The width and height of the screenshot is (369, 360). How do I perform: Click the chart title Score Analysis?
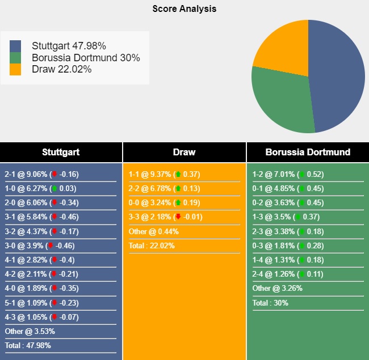click(184, 9)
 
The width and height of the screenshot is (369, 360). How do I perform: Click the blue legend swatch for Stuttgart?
click(15, 46)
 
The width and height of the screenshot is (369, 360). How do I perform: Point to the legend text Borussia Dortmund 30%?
click(86, 58)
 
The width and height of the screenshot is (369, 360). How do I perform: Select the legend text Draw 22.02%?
click(62, 69)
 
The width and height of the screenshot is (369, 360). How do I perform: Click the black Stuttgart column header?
click(61, 152)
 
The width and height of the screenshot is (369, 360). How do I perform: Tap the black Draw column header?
click(184, 152)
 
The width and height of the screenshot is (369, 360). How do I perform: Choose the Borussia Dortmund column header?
click(308, 152)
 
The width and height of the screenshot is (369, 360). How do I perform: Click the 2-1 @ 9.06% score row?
click(41, 175)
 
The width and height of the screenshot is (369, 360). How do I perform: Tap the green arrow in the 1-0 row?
click(54, 189)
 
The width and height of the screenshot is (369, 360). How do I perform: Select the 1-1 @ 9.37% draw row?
click(164, 175)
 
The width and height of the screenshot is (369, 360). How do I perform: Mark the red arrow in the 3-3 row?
click(178, 217)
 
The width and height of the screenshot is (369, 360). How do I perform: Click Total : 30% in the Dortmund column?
click(270, 303)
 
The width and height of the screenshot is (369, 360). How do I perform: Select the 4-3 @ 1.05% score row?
click(41, 317)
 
